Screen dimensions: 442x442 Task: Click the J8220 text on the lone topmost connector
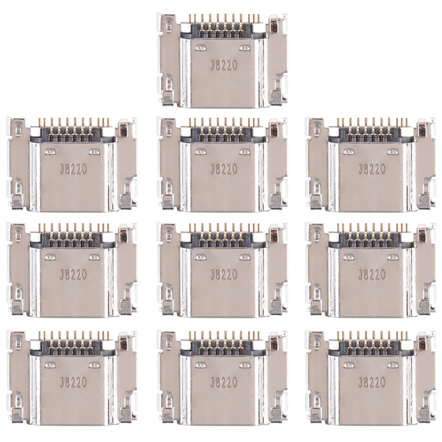[223, 65]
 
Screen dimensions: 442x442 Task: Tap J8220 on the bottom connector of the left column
[74, 381]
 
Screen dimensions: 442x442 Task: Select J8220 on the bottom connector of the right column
[371, 381]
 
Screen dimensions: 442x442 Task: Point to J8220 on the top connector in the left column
[74, 169]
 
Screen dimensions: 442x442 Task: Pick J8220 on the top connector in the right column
[371, 169]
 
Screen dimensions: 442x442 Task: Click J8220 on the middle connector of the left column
[74, 275]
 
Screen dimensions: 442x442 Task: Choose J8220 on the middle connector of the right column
[371, 275]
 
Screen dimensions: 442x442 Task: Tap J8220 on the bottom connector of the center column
[223, 381]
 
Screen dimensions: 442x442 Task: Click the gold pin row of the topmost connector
[223, 19]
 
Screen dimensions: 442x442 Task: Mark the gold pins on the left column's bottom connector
[74, 335]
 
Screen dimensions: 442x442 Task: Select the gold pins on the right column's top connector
[371, 123]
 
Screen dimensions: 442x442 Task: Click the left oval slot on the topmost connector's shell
[202, 48]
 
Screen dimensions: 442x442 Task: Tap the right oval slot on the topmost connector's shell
[245, 48]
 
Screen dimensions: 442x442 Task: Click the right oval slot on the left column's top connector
[95, 151]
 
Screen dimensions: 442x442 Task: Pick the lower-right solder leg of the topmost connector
[276, 97]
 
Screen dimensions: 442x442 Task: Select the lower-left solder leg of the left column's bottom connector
[19, 413]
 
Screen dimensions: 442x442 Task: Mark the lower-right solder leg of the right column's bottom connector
[424, 413]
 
